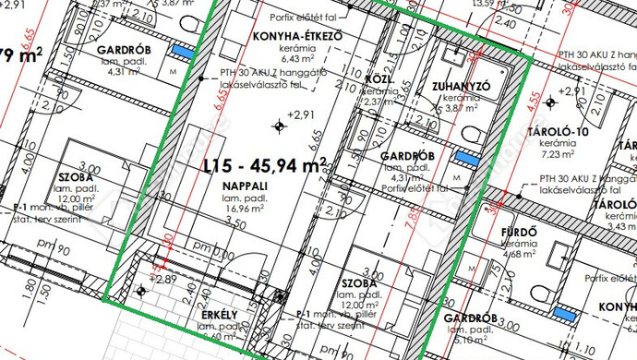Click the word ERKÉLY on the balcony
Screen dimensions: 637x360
[220, 316]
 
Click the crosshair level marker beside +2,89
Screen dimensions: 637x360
[140, 292]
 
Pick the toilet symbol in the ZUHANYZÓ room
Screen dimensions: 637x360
[471, 137]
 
